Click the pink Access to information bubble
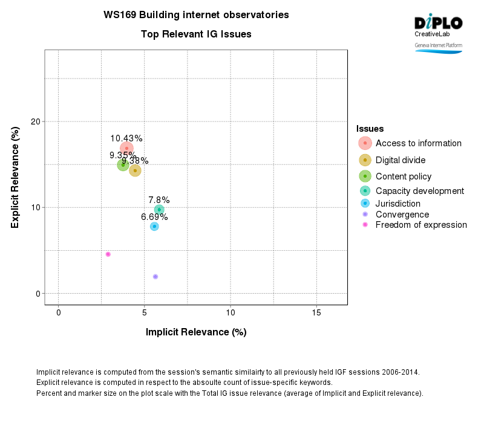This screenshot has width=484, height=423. pyautogui.click(x=126, y=148)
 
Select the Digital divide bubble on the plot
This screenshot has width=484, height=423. pyautogui.click(x=135, y=170)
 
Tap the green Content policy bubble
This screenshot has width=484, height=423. pyautogui.click(x=123, y=165)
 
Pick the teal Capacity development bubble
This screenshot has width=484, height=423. pyautogui.click(x=159, y=210)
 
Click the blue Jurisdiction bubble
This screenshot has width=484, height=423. pyautogui.click(x=154, y=226)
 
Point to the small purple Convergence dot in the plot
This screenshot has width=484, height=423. pyautogui.click(x=155, y=277)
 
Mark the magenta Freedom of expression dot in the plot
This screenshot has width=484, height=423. pyautogui.click(x=108, y=254)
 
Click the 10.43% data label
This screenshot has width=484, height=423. pyautogui.click(x=126, y=138)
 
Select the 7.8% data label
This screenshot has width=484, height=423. pyautogui.click(x=159, y=200)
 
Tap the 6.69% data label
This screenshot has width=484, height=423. pyautogui.click(x=154, y=217)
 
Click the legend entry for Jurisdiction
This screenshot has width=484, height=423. pyautogui.click(x=397, y=203)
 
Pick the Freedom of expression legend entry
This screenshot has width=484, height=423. pyautogui.click(x=420, y=225)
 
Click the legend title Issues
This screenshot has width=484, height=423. pyautogui.click(x=370, y=129)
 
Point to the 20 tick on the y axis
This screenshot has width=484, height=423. pyautogui.click(x=36, y=121)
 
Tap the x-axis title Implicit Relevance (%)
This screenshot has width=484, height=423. pyautogui.click(x=196, y=332)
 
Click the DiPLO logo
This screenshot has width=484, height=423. pyautogui.click(x=438, y=24)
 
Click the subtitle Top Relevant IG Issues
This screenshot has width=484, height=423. pyautogui.click(x=196, y=34)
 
